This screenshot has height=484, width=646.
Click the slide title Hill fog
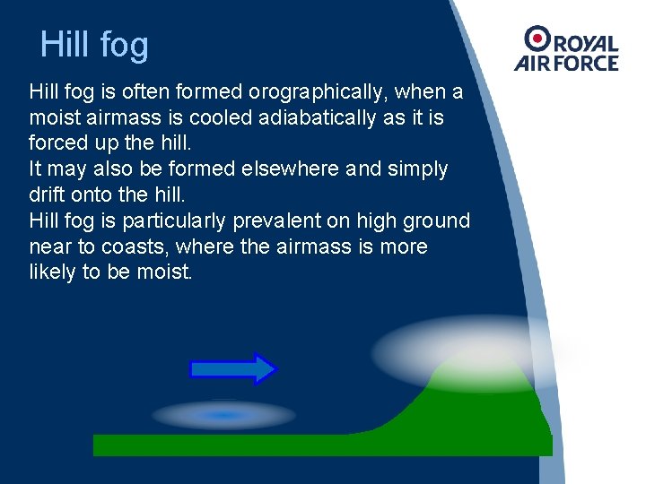(94, 45)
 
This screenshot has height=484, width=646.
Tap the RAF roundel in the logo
(538, 39)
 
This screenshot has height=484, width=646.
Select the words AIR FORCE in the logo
(566, 63)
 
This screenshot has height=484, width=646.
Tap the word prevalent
(277, 220)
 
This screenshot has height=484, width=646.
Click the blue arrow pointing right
(233, 368)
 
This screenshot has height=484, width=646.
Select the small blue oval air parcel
(224, 415)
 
